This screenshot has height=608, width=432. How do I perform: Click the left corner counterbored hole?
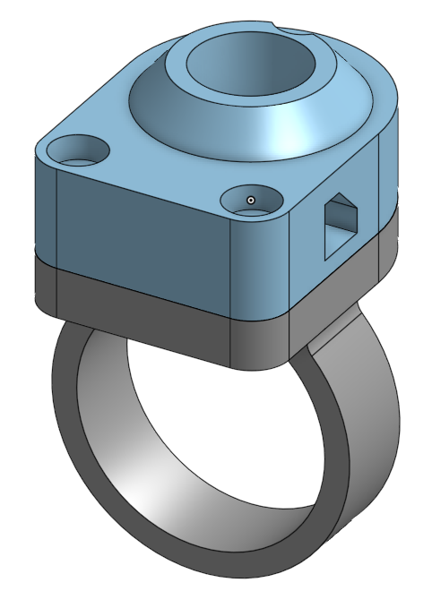point(78,150)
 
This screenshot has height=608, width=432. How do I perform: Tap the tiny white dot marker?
point(252,199)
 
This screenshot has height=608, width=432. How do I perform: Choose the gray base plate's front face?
point(143,313)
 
